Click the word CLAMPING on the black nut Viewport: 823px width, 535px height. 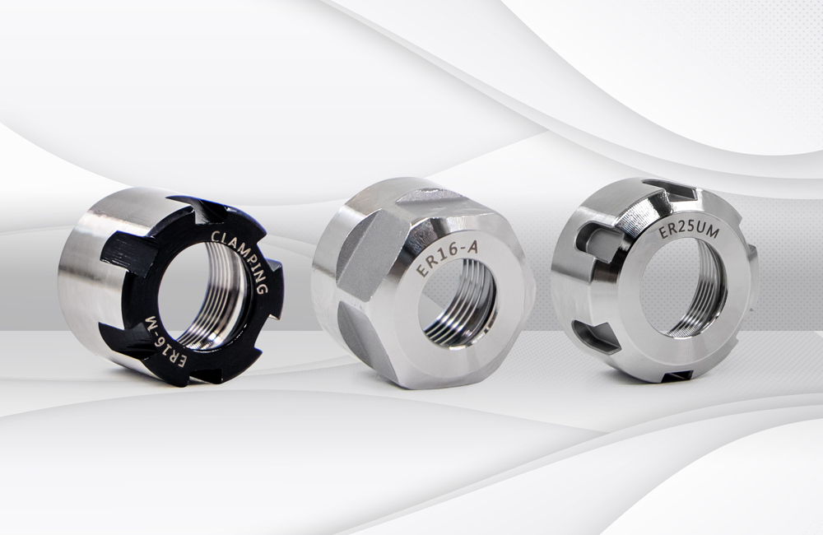click(x=241, y=258)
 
